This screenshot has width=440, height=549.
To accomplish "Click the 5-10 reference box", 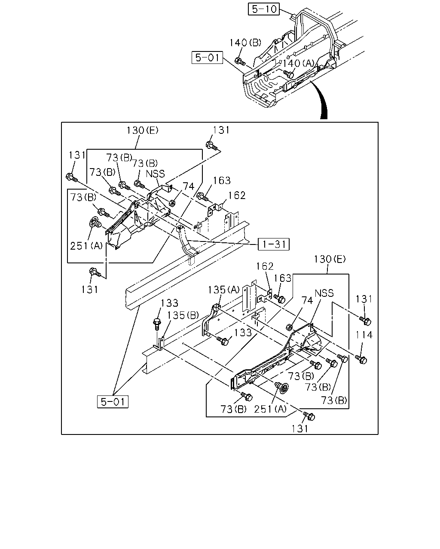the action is tap(263, 9).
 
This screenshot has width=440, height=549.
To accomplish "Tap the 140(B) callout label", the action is tap(245, 42).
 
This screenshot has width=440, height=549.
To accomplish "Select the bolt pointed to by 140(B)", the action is tap(240, 61).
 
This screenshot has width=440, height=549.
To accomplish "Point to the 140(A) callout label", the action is tap(298, 63).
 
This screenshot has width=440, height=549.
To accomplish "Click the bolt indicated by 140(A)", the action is tap(288, 74).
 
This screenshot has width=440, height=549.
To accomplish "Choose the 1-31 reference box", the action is tap(274, 244).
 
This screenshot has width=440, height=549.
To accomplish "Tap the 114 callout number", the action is tap(364, 335).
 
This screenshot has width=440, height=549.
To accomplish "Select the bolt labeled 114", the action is tap(361, 359).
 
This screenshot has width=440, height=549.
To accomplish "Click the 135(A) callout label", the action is tap(223, 290).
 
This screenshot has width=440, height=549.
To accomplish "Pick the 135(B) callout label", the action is tap(183, 315).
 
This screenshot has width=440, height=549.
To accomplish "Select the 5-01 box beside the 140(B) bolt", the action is tap(208, 57).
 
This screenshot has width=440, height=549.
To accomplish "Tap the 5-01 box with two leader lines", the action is tap(113, 402).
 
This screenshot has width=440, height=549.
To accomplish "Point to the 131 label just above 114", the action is tap(364, 299).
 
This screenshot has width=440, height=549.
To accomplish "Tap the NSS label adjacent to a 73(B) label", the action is tap(155, 174).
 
